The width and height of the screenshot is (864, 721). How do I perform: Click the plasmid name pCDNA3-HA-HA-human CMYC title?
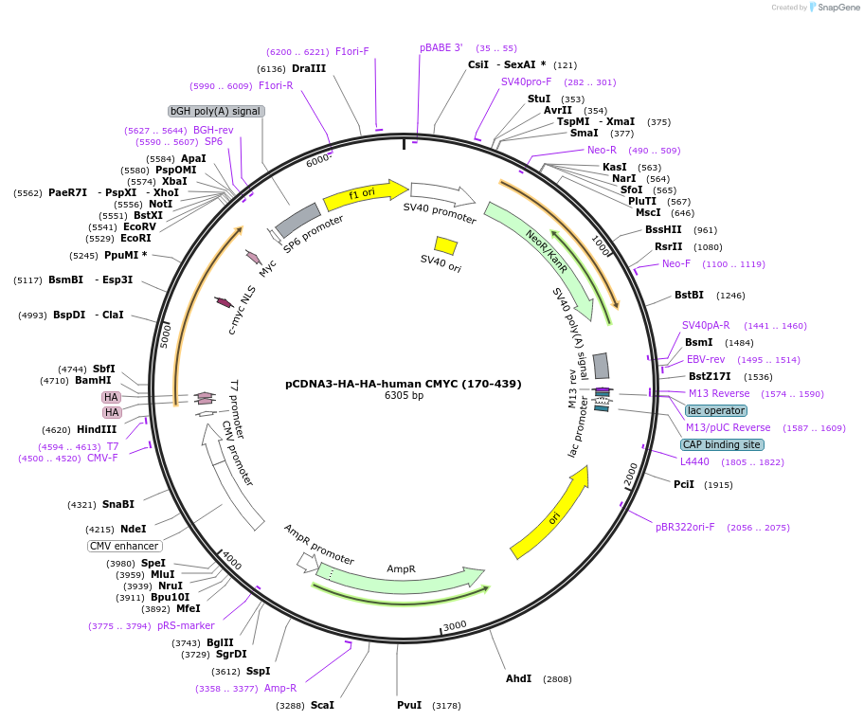(x=403, y=384)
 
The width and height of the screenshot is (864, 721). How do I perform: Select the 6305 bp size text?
(x=404, y=396)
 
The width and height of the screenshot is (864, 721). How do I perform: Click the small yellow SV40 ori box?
(x=445, y=245)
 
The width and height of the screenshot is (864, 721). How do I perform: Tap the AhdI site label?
(x=518, y=678)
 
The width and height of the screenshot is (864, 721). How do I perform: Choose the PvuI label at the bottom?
(x=410, y=705)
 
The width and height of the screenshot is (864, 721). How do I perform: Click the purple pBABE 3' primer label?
(x=441, y=47)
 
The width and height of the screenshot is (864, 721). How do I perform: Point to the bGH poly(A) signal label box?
(x=215, y=111)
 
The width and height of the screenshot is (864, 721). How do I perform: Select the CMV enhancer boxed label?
(x=125, y=546)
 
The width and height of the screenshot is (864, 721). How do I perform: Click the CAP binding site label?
(x=722, y=444)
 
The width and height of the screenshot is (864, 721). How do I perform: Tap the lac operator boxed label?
(x=716, y=410)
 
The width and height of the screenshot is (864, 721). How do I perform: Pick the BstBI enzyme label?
(x=690, y=295)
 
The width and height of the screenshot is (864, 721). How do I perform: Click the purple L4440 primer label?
(x=694, y=461)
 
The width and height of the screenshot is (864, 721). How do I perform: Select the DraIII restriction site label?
(x=309, y=69)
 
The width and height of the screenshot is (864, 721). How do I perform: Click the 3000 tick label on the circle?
(x=456, y=625)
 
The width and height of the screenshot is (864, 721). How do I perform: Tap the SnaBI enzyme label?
(x=118, y=504)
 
